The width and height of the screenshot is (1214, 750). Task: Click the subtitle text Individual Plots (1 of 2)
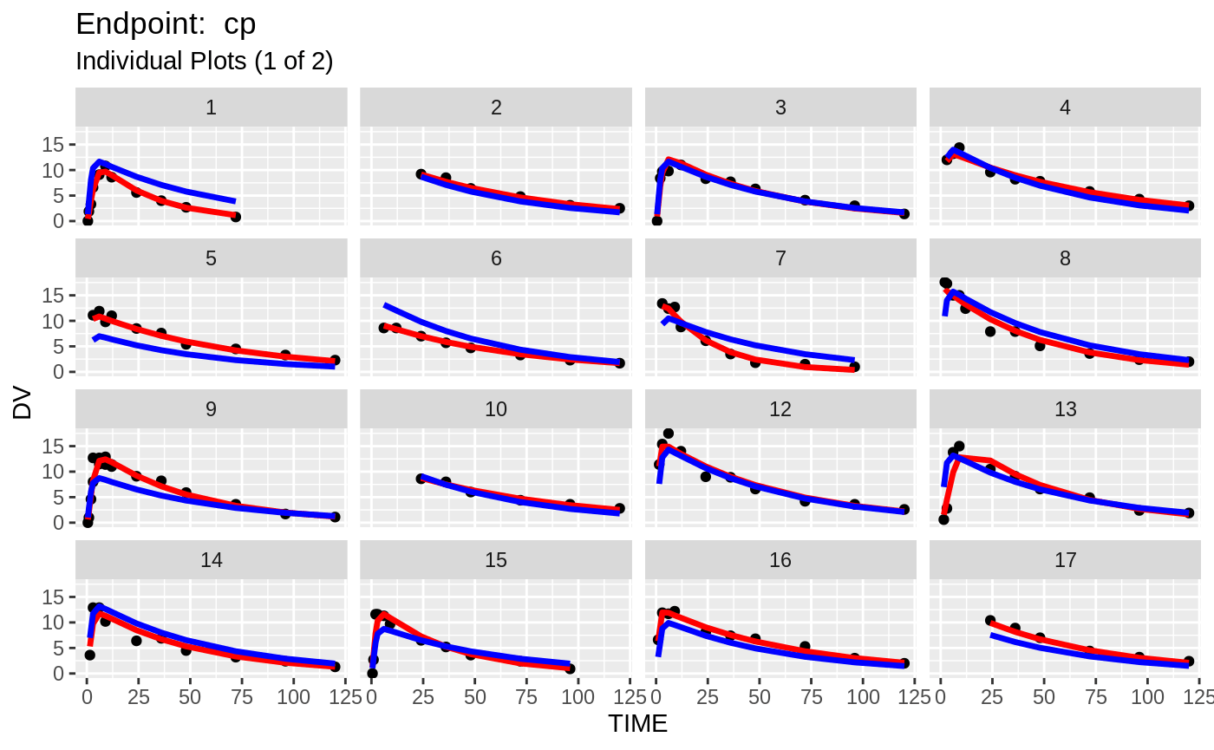pyautogui.click(x=205, y=62)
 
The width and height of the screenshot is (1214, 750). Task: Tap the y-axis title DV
pyautogui.click(x=23, y=404)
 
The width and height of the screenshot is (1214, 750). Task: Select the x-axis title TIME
pyautogui.click(x=638, y=723)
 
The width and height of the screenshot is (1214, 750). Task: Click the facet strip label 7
pyautogui.click(x=780, y=258)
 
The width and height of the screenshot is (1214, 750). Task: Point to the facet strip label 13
pyautogui.click(x=1065, y=409)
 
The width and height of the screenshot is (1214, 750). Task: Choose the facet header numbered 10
pyautogui.click(x=496, y=409)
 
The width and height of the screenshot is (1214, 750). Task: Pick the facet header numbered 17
pyautogui.click(x=1065, y=560)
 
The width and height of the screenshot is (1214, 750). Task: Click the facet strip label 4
pyautogui.click(x=1065, y=108)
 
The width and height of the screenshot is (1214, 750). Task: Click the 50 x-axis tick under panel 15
pyautogui.click(x=475, y=696)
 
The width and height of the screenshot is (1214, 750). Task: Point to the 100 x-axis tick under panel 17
pyautogui.click(x=1148, y=696)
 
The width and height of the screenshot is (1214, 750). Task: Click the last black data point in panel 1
pyautogui.click(x=235, y=217)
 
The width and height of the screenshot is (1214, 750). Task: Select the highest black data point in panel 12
pyautogui.click(x=669, y=434)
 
